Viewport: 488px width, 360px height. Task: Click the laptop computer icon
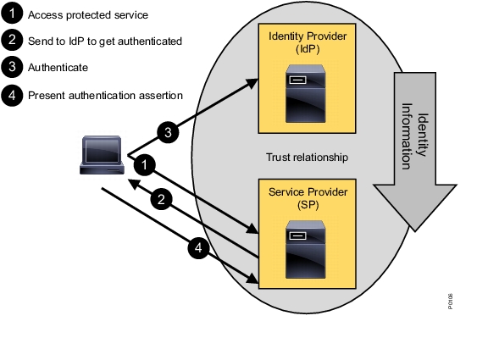coord(102,155)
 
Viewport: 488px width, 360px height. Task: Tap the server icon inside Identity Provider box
coord(306,94)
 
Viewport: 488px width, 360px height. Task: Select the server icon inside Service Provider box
coord(306,250)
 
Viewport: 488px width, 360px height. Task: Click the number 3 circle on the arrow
coord(168,132)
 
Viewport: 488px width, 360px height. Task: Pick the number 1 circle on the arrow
coord(144,164)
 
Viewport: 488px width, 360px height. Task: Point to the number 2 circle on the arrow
coord(161,199)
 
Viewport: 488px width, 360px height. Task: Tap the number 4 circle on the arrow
coord(198,248)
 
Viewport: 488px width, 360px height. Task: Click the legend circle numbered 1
coord(12,13)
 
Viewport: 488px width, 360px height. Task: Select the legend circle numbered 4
coord(12,95)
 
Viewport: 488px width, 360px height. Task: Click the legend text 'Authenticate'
coord(58,68)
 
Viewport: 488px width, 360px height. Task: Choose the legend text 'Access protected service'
coord(88,15)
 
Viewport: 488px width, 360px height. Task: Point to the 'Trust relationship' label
coord(307,158)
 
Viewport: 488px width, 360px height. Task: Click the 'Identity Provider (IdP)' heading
coord(308,42)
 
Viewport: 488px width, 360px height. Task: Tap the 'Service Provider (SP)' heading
coord(308,198)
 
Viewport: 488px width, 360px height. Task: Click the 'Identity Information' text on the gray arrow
coord(415,136)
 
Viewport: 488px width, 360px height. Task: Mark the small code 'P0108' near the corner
coord(451,302)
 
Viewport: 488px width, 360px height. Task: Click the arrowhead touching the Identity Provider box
coord(252,83)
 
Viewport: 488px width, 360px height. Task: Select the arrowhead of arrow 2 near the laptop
coord(134,184)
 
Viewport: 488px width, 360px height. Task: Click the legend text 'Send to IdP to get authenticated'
coord(105,42)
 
